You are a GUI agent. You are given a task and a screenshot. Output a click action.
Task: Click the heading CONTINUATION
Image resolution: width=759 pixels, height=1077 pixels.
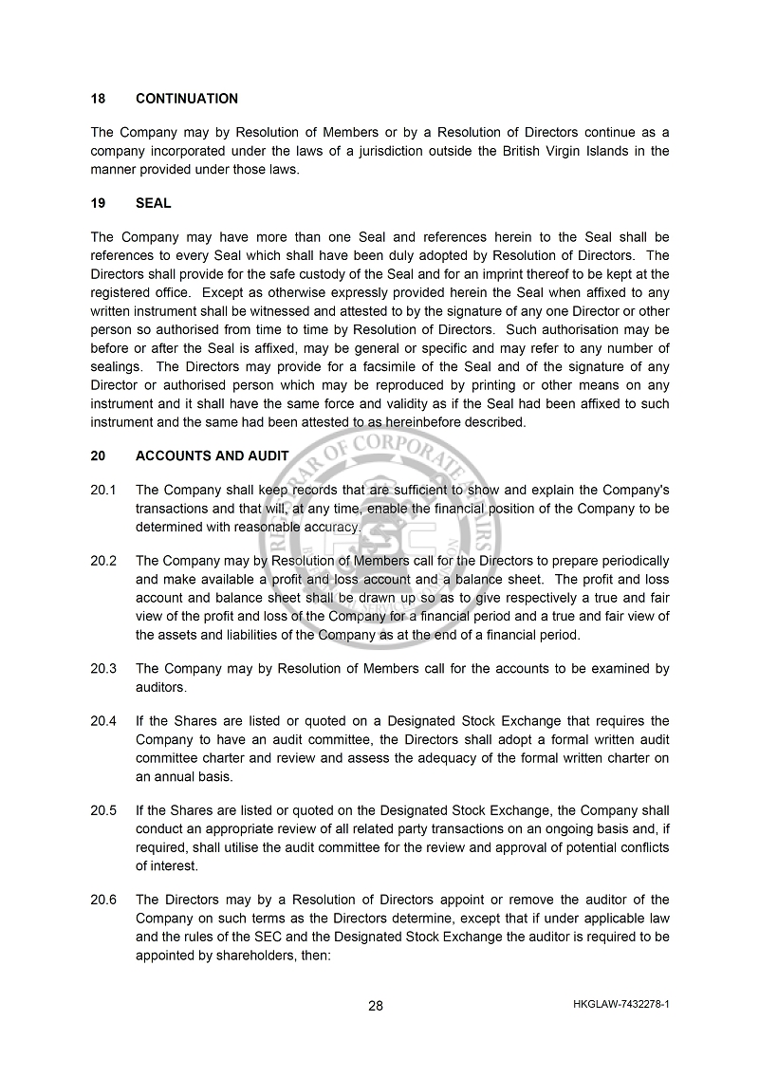click(187, 99)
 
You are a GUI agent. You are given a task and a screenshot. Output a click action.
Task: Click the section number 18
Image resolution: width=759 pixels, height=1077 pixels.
click(98, 99)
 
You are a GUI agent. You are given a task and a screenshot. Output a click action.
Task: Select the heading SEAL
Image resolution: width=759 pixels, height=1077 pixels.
click(154, 203)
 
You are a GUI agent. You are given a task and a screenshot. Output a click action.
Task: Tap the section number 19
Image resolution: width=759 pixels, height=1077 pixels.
click(98, 203)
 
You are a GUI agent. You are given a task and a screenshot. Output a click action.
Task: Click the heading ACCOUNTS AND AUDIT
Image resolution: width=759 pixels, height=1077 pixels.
click(213, 455)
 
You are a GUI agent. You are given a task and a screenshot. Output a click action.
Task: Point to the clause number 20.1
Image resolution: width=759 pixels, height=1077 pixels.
click(103, 490)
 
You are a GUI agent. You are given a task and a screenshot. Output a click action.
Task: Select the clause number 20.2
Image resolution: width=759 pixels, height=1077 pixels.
click(103, 561)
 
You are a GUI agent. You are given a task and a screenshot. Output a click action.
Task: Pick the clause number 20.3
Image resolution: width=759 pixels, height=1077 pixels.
click(103, 669)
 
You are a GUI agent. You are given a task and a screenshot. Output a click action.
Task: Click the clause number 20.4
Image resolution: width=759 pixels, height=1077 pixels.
click(103, 721)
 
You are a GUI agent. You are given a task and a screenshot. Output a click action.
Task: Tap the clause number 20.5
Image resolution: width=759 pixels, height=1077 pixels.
click(103, 810)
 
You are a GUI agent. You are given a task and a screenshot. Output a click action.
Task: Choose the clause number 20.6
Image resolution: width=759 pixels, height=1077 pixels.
click(103, 900)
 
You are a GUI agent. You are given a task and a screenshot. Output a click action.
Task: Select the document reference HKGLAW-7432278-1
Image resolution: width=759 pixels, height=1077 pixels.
click(621, 1004)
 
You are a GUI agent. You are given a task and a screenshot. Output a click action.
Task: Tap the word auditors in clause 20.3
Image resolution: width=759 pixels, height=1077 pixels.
click(161, 687)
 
